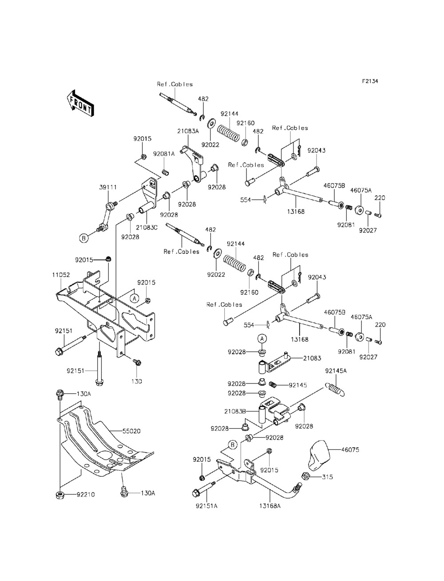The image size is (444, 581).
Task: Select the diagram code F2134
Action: point(370,82)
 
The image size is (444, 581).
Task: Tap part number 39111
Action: point(108,188)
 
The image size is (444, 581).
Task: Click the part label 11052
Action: point(61,275)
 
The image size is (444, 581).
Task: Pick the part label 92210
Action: point(84,494)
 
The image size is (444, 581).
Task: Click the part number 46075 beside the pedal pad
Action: point(363,450)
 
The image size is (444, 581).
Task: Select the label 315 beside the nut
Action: point(328,477)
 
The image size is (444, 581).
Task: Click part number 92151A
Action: point(206,505)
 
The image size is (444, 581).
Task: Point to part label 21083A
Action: point(187,131)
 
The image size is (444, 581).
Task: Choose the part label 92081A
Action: point(164,154)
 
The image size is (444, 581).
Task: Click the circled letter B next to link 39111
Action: point(83,238)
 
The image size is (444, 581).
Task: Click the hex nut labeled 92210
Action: point(59,494)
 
